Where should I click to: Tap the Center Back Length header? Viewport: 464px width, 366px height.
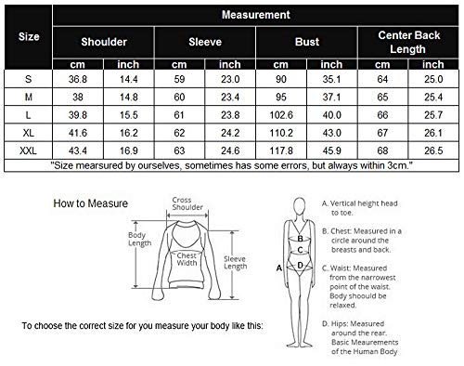tap(408, 42)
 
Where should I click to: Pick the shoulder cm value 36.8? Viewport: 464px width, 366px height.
tap(75, 81)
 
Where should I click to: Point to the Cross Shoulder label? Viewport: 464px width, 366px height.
tap(182, 203)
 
